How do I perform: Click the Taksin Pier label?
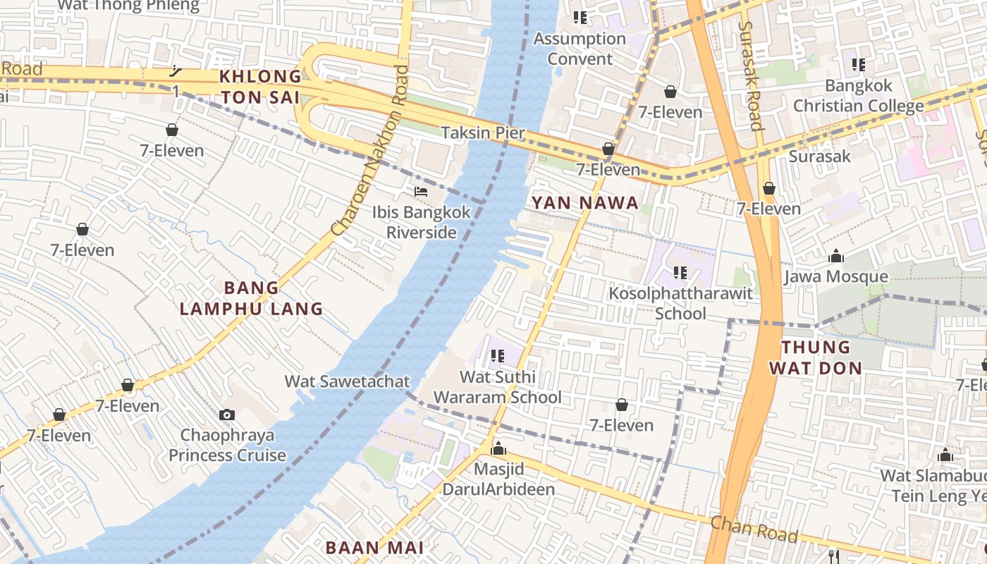[x=483, y=133]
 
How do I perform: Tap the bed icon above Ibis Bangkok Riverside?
[x=421, y=192]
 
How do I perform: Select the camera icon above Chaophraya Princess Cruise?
[x=226, y=415]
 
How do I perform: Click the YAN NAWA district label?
[x=584, y=203]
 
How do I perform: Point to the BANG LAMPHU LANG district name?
[x=252, y=298]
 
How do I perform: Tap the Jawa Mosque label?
[x=835, y=276]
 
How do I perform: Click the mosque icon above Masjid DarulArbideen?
[x=498, y=448]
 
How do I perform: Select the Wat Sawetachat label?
[x=347, y=381]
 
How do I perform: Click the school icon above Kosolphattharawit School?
[x=680, y=272]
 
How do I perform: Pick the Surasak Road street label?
[x=750, y=75]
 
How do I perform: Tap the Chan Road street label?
[x=754, y=529]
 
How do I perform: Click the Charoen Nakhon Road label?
[x=370, y=150]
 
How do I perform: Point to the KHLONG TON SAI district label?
[x=259, y=87]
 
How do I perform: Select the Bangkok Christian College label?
[x=858, y=96]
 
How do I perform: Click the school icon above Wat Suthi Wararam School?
[x=498, y=356]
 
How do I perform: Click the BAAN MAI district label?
[x=374, y=547]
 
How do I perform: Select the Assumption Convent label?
[x=580, y=49]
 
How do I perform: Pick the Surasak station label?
[x=820, y=156]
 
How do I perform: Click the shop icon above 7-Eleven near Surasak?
[x=769, y=188]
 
